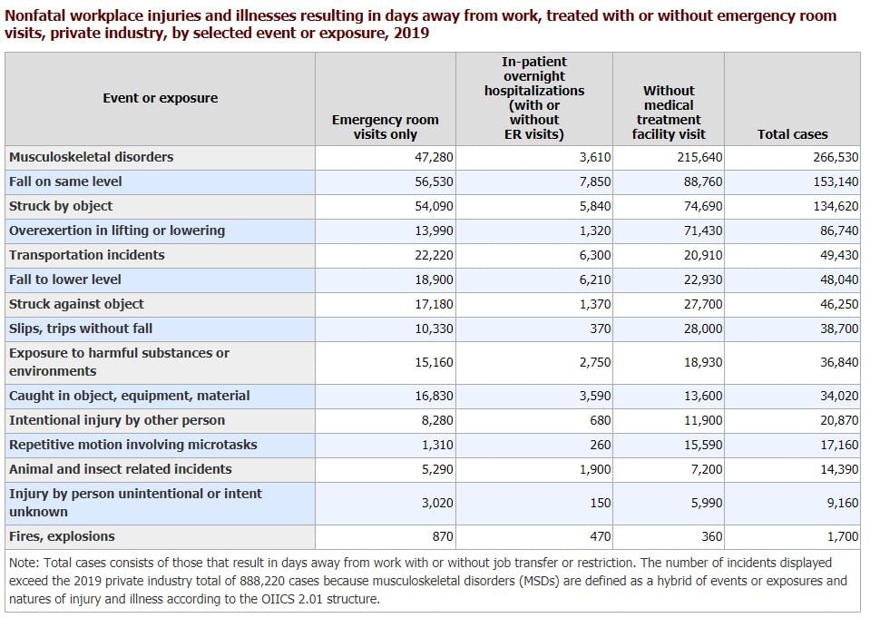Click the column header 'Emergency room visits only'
[385, 126]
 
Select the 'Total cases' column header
[792, 134]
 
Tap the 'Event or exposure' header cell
[160, 98]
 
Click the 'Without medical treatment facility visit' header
[668, 113]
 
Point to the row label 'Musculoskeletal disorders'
[91, 157]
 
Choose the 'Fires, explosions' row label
[62, 536]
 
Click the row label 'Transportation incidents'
[87, 255]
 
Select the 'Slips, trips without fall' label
[81, 329]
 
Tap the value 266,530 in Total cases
[835, 157]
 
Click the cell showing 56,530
[434, 181]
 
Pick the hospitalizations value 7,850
[595, 181]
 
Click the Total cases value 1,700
[841, 536]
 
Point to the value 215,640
[699, 157]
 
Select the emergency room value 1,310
[437, 445]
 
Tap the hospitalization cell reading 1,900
[595, 469]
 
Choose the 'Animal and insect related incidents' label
[120, 469]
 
